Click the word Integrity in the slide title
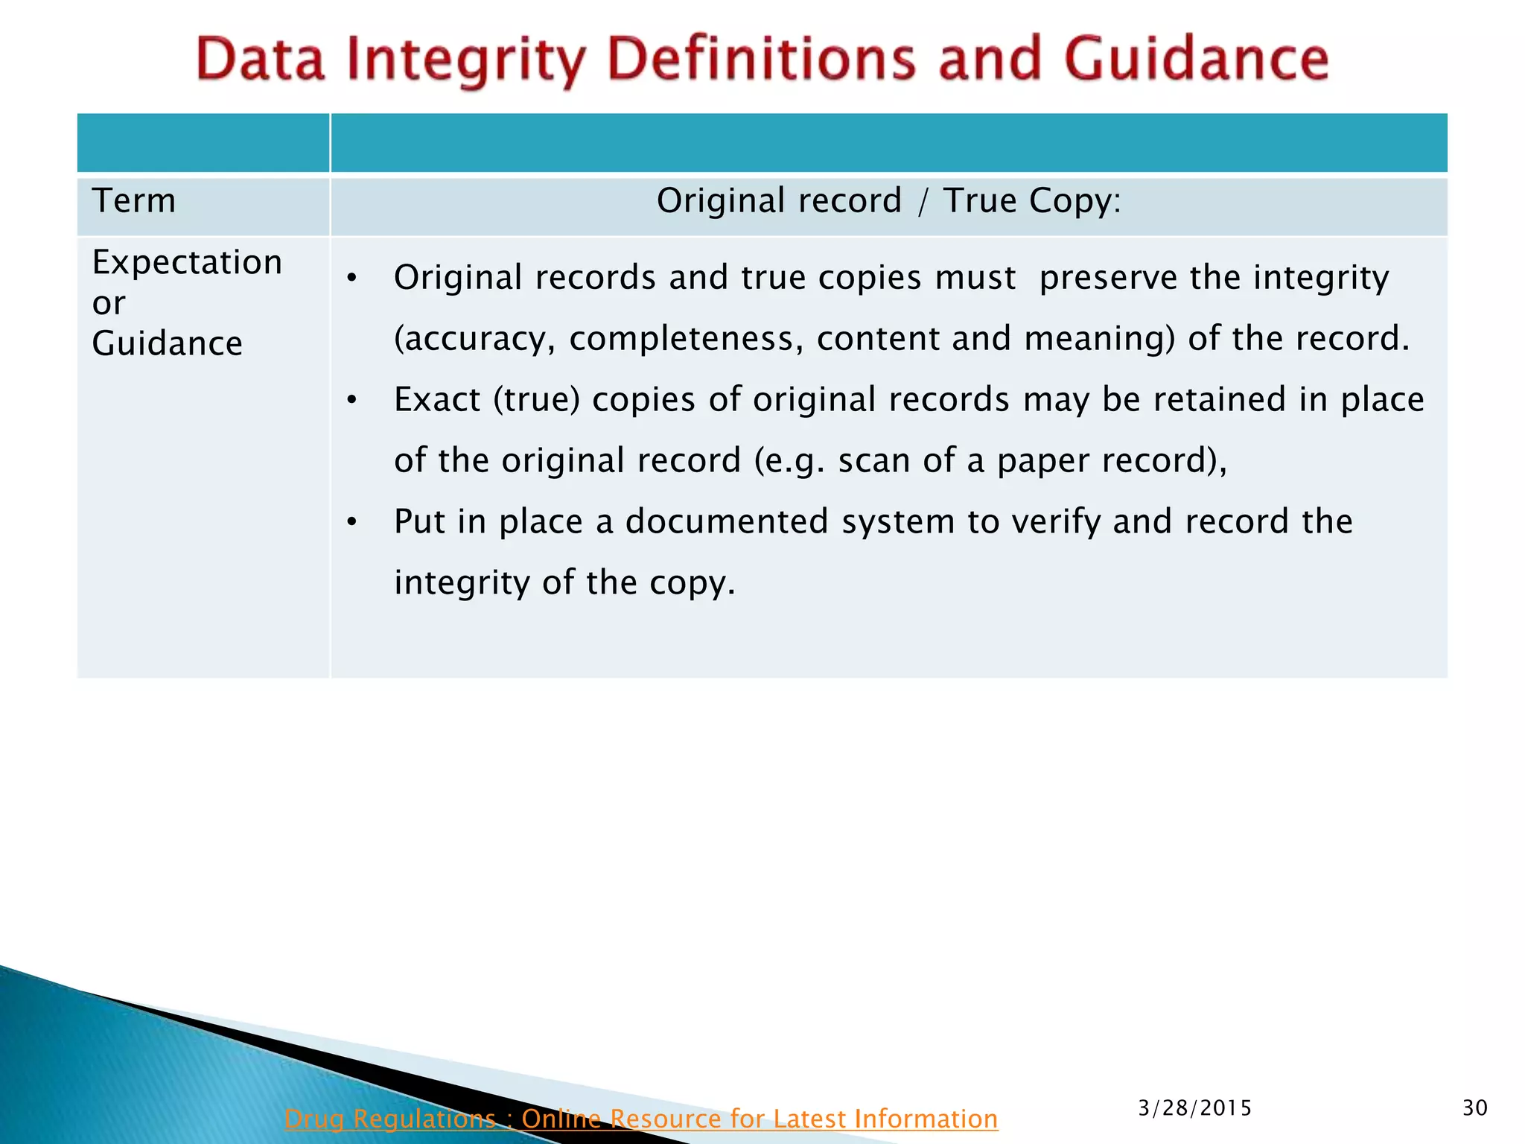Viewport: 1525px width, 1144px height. pos(467,60)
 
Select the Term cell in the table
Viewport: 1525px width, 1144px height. pos(134,201)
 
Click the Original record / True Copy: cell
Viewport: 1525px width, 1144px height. pos(888,201)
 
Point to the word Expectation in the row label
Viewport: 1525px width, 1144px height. pos(187,262)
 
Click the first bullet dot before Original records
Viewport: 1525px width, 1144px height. pos(352,279)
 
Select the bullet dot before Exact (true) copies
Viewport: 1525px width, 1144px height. pos(352,401)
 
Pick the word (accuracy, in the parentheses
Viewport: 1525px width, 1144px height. pos(474,339)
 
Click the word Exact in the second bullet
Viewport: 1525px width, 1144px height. pos(437,400)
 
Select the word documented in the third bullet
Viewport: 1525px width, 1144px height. pos(727,521)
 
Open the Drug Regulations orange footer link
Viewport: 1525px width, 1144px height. pos(640,1118)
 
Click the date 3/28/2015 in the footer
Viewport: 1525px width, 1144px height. pos(1194,1108)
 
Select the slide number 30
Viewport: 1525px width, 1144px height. pos(1474,1108)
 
